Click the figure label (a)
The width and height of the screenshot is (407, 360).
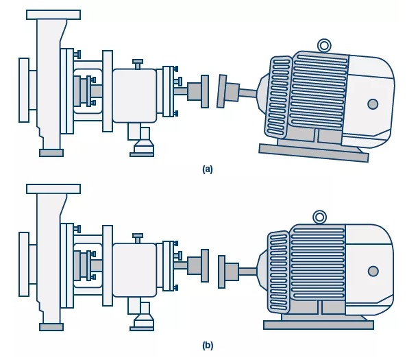click(208, 169)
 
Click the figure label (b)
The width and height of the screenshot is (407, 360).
click(208, 346)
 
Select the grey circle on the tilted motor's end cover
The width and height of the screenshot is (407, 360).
click(373, 104)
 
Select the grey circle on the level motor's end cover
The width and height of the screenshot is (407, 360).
click(373, 271)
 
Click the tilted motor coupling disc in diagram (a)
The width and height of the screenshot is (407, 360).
click(222, 91)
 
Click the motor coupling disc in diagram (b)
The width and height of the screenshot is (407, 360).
click(222, 272)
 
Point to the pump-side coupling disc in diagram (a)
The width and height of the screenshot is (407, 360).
click(205, 91)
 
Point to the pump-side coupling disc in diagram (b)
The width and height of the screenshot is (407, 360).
click(205, 266)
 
